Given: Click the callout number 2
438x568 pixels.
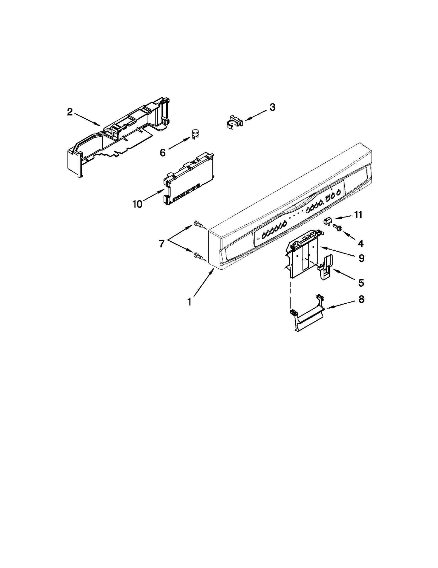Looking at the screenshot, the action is (x=70, y=112).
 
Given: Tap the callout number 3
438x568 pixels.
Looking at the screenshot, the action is (x=272, y=107).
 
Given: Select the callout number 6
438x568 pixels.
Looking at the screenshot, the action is (x=163, y=153).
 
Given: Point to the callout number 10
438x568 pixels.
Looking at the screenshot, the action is (x=137, y=204).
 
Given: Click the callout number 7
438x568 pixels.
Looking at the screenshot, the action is (x=162, y=244).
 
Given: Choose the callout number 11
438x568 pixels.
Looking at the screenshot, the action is (x=358, y=215).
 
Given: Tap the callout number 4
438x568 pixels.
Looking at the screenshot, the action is (x=361, y=243).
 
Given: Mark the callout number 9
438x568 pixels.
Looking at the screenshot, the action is (x=362, y=258).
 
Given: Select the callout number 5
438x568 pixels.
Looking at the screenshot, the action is (x=361, y=282).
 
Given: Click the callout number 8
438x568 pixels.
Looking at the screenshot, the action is (x=361, y=299).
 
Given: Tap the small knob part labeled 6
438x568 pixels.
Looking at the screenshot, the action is (x=195, y=134).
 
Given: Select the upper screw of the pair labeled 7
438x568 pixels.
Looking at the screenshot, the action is (x=198, y=224).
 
